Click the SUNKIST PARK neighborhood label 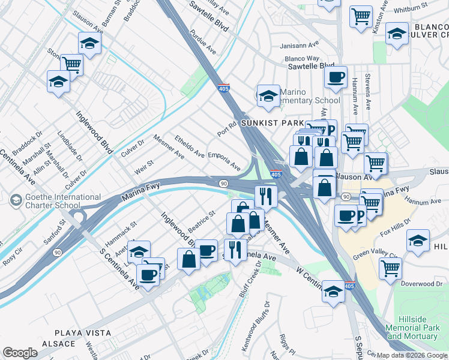[x=270, y=122]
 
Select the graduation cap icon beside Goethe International [x=16, y=199]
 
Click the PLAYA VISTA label [x=83, y=332]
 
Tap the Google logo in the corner [x=19, y=353]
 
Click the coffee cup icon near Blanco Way [x=336, y=77]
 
